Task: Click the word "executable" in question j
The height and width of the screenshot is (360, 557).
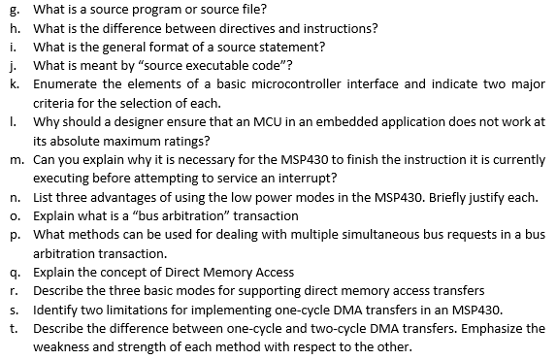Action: (x=204, y=65)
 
